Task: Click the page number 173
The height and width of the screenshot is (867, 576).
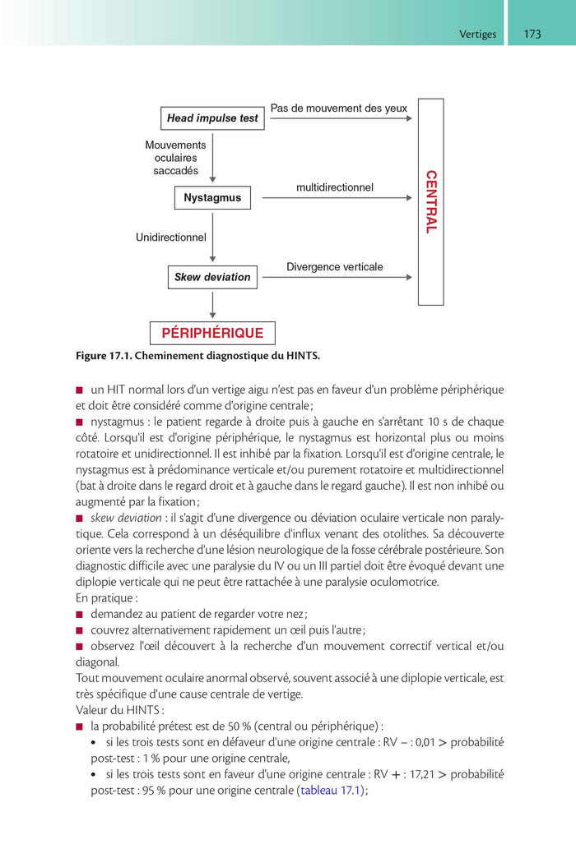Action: [x=532, y=34]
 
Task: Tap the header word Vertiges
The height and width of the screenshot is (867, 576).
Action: [x=477, y=35]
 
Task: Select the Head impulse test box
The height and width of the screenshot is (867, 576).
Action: [x=212, y=118]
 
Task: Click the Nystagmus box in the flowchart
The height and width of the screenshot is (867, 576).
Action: [x=212, y=198]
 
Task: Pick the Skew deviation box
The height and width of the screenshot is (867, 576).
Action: [x=212, y=278]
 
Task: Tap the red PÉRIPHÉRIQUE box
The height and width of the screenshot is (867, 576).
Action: [x=212, y=333]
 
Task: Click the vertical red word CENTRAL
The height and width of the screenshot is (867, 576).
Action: [x=430, y=202]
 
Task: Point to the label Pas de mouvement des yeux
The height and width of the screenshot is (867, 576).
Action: [x=339, y=108]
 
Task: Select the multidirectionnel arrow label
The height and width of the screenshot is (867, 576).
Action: [x=335, y=187]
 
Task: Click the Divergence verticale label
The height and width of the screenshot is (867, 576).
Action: [x=335, y=267]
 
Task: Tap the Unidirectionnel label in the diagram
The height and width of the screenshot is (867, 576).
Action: [x=171, y=238]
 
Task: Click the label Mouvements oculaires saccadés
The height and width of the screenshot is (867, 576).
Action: [x=175, y=158]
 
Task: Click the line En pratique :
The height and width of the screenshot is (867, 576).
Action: [x=107, y=598]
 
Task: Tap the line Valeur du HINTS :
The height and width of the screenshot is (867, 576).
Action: [x=120, y=709]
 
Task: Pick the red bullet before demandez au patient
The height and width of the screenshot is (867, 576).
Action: [x=80, y=614]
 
